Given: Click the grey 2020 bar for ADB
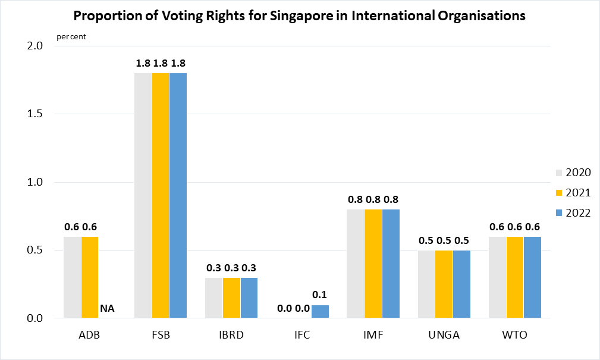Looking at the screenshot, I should tap(73, 277).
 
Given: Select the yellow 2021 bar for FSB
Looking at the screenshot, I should tap(161, 195).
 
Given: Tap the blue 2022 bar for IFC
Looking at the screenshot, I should tap(320, 312).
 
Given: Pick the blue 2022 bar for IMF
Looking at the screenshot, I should tap(391, 264).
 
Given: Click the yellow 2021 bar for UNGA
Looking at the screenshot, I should tap(444, 284).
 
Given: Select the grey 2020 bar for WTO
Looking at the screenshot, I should tap(497, 277).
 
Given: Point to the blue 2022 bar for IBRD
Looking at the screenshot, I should tap(249, 298).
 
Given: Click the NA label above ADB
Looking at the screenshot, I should tap(107, 308).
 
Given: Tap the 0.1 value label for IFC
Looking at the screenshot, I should tap(320, 295).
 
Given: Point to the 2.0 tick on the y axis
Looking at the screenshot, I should tap(36, 46).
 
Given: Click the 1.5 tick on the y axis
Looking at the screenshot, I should tap(36, 114).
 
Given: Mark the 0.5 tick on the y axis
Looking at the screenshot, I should tap(36, 250).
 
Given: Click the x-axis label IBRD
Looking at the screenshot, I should tap(231, 335).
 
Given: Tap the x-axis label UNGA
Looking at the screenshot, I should tap(444, 335).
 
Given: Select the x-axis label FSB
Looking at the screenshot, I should tap(161, 335).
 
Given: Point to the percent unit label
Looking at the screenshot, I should tap(71, 36).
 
